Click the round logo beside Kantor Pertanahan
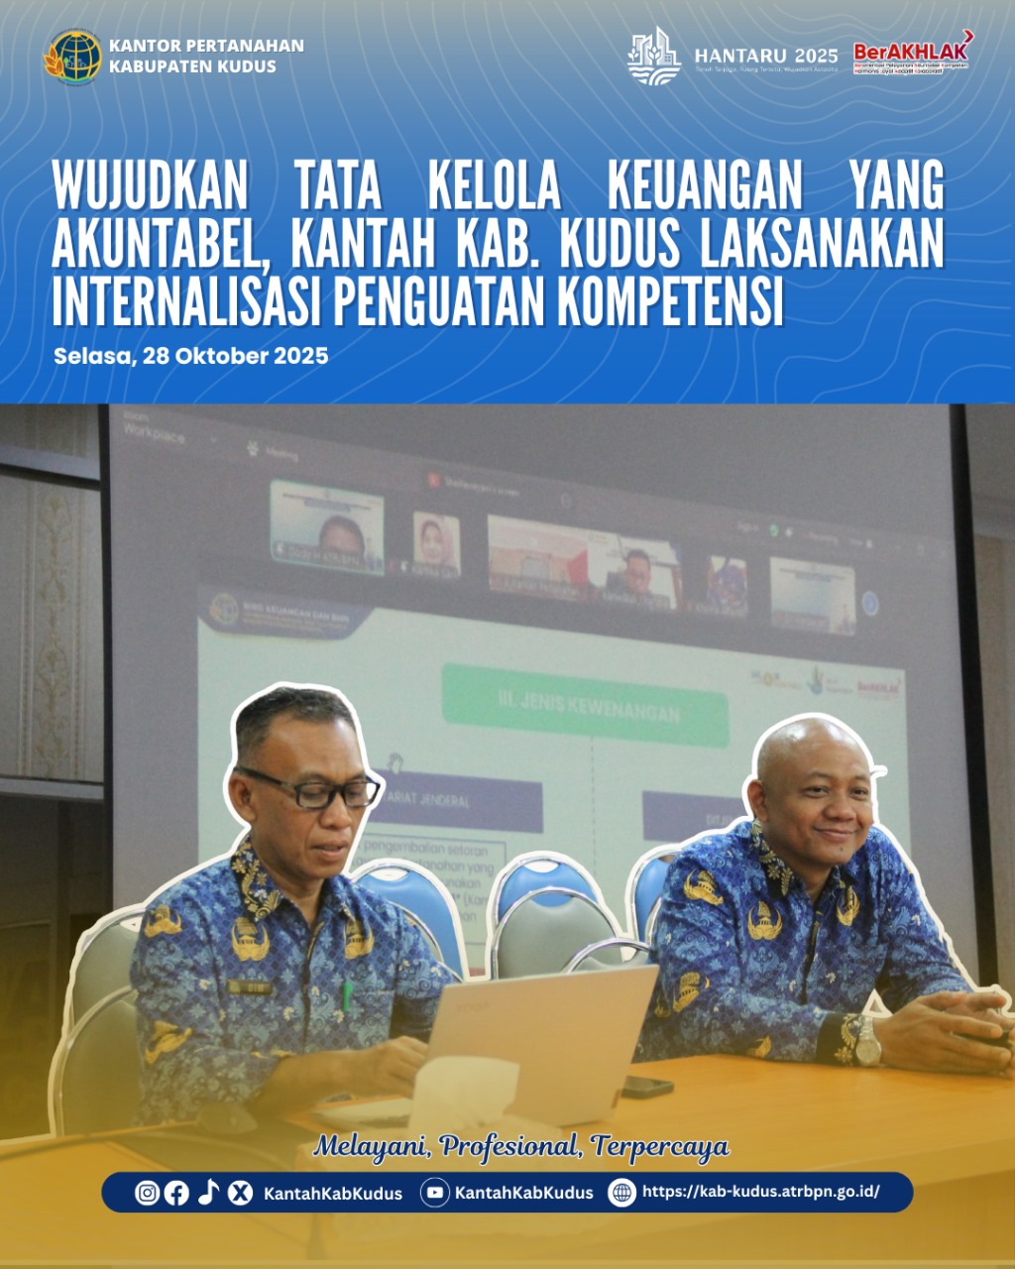(x=73, y=56)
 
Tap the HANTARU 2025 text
(x=766, y=56)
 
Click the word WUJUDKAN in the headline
(x=150, y=185)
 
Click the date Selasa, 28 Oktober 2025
(x=191, y=356)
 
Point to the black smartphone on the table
(x=647, y=1086)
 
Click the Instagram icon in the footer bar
(x=147, y=1193)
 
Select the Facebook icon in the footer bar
(x=176, y=1193)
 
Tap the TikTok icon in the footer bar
(x=208, y=1193)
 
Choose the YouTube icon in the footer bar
(x=434, y=1193)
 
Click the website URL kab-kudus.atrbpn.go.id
(x=760, y=1193)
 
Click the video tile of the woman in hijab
(x=436, y=543)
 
